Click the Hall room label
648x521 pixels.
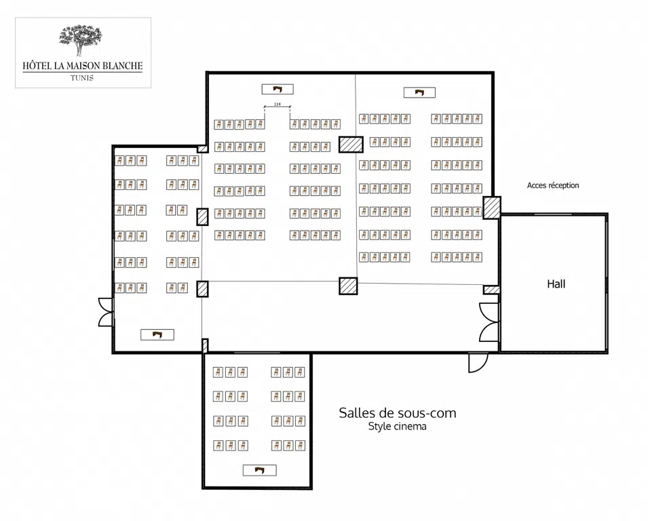click(x=556, y=284)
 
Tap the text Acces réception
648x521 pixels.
click(x=553, y=185)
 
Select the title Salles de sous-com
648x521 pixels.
click(x=398, y=412)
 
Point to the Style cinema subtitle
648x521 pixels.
click(x=397, y=427)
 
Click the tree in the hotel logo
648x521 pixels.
click(x=81, y=39)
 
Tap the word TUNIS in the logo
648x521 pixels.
click(x=82, y=77)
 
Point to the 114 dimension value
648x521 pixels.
click(x=277, y=104)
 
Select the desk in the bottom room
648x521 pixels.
click(x=259, y=470)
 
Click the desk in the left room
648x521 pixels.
click(x=157, y=334)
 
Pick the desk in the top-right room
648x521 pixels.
click(x=419, y=92)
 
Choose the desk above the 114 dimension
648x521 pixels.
click(x=278, y=89)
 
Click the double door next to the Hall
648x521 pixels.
click(x=489, y=322)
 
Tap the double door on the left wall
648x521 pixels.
click(x=105, y=312)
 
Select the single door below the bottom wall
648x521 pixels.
click(x=478, y=363)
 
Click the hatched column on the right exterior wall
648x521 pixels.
click(x=492, y=208)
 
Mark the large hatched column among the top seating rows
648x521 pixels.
click(x=351, y=144)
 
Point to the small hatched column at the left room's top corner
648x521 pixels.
click(x=202, y=149)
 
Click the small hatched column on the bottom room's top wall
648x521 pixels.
click(x=205, y=346)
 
